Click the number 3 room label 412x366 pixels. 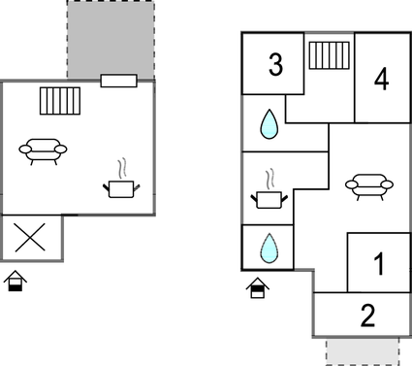(276, 66)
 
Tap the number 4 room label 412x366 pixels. (381, 80)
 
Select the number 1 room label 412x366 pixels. (378, 263)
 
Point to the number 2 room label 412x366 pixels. (367, 315)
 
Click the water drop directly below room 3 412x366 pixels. (268, 123)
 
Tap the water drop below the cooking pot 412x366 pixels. (268, 250)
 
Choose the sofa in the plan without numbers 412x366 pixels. (44, 150)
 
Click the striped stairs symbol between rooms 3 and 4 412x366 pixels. (328, 55)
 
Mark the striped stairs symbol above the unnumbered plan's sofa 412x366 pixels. (60, 100)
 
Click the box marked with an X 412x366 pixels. (31, 239)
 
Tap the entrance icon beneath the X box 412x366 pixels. (16, 283)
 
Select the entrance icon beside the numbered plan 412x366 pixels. (257, 287)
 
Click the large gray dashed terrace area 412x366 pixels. (110, 39)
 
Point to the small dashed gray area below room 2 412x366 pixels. (363, 350)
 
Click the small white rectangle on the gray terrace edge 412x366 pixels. (118, 81)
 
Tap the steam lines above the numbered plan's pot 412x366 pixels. (271, 179)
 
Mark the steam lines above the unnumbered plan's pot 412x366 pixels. (123, 167)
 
